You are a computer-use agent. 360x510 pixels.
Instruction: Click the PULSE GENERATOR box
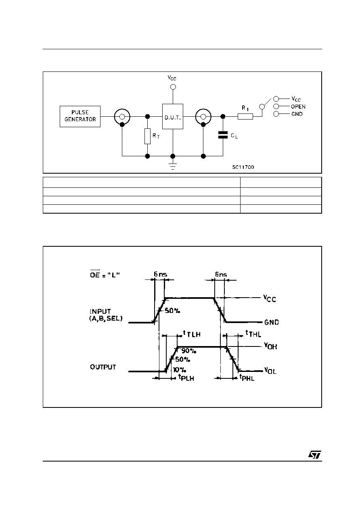pos(80,116)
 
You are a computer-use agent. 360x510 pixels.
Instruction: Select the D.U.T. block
pos(173,116)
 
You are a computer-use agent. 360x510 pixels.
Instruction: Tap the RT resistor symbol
pos(147,136)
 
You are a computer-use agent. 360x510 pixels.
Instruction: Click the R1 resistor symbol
pos(245,117)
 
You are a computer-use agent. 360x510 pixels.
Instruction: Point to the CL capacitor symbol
pos(223,135)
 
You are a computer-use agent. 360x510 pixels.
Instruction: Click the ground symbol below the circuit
pos(173,167)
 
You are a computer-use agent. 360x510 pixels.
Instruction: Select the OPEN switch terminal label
pos(298,107)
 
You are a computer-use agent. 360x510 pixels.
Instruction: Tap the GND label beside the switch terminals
pos(297,114)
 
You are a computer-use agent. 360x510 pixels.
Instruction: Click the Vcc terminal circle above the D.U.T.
pos(173,87)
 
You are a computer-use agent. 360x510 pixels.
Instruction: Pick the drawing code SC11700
pos(243,167)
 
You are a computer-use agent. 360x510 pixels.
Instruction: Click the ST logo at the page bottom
pos(315,455)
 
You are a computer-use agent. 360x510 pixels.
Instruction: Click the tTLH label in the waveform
pos(192,334)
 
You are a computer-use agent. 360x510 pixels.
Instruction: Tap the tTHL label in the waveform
pos(253,334)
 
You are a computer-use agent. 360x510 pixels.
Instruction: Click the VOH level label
pos(270,346)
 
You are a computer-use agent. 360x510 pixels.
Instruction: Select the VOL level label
pos(270,371)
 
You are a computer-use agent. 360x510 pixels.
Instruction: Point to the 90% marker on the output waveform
pos(188,351)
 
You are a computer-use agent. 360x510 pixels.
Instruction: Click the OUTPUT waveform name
pos(103,367)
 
